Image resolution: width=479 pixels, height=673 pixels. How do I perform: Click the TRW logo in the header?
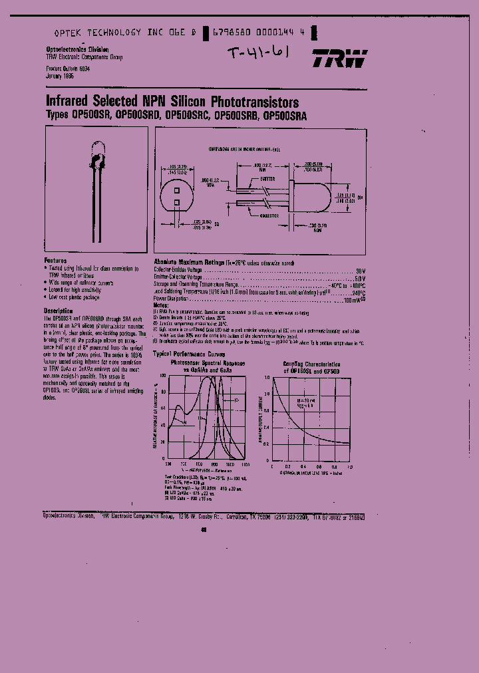pyautogui.click(x=339, y=59)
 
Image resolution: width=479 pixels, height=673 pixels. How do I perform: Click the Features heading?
pyautogui.click(x=56, y=261)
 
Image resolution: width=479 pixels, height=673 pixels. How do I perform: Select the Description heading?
pyautogui.click(x=59, y=311)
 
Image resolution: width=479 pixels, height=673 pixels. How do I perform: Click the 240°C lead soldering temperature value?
pyautogui.click(x=358, y=292)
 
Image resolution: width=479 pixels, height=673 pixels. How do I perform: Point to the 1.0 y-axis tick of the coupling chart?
pyautogui.click(x=269, y=377)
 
